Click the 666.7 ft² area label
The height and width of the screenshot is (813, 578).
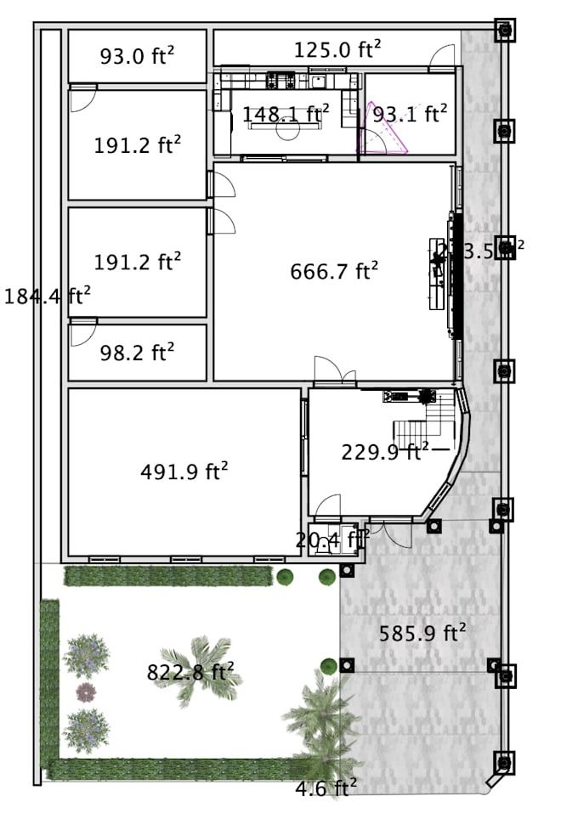(x=334, y=272)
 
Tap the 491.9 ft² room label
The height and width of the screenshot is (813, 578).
(x=184, y=472)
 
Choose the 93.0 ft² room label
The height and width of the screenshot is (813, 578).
(x=138, y=56)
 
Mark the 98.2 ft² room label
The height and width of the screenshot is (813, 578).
(x=138, y=353)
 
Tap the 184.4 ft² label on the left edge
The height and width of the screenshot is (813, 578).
(x=48, y=296)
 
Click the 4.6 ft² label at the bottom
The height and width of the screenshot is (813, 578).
(x=326, y=788)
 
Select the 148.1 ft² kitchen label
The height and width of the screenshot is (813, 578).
(x=286, y=114)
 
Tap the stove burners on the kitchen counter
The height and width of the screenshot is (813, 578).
(x=280, y=82)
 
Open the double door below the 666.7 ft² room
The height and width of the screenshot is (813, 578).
(x=333, y=372)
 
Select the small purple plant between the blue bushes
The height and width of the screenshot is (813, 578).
(x=85, y=692)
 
